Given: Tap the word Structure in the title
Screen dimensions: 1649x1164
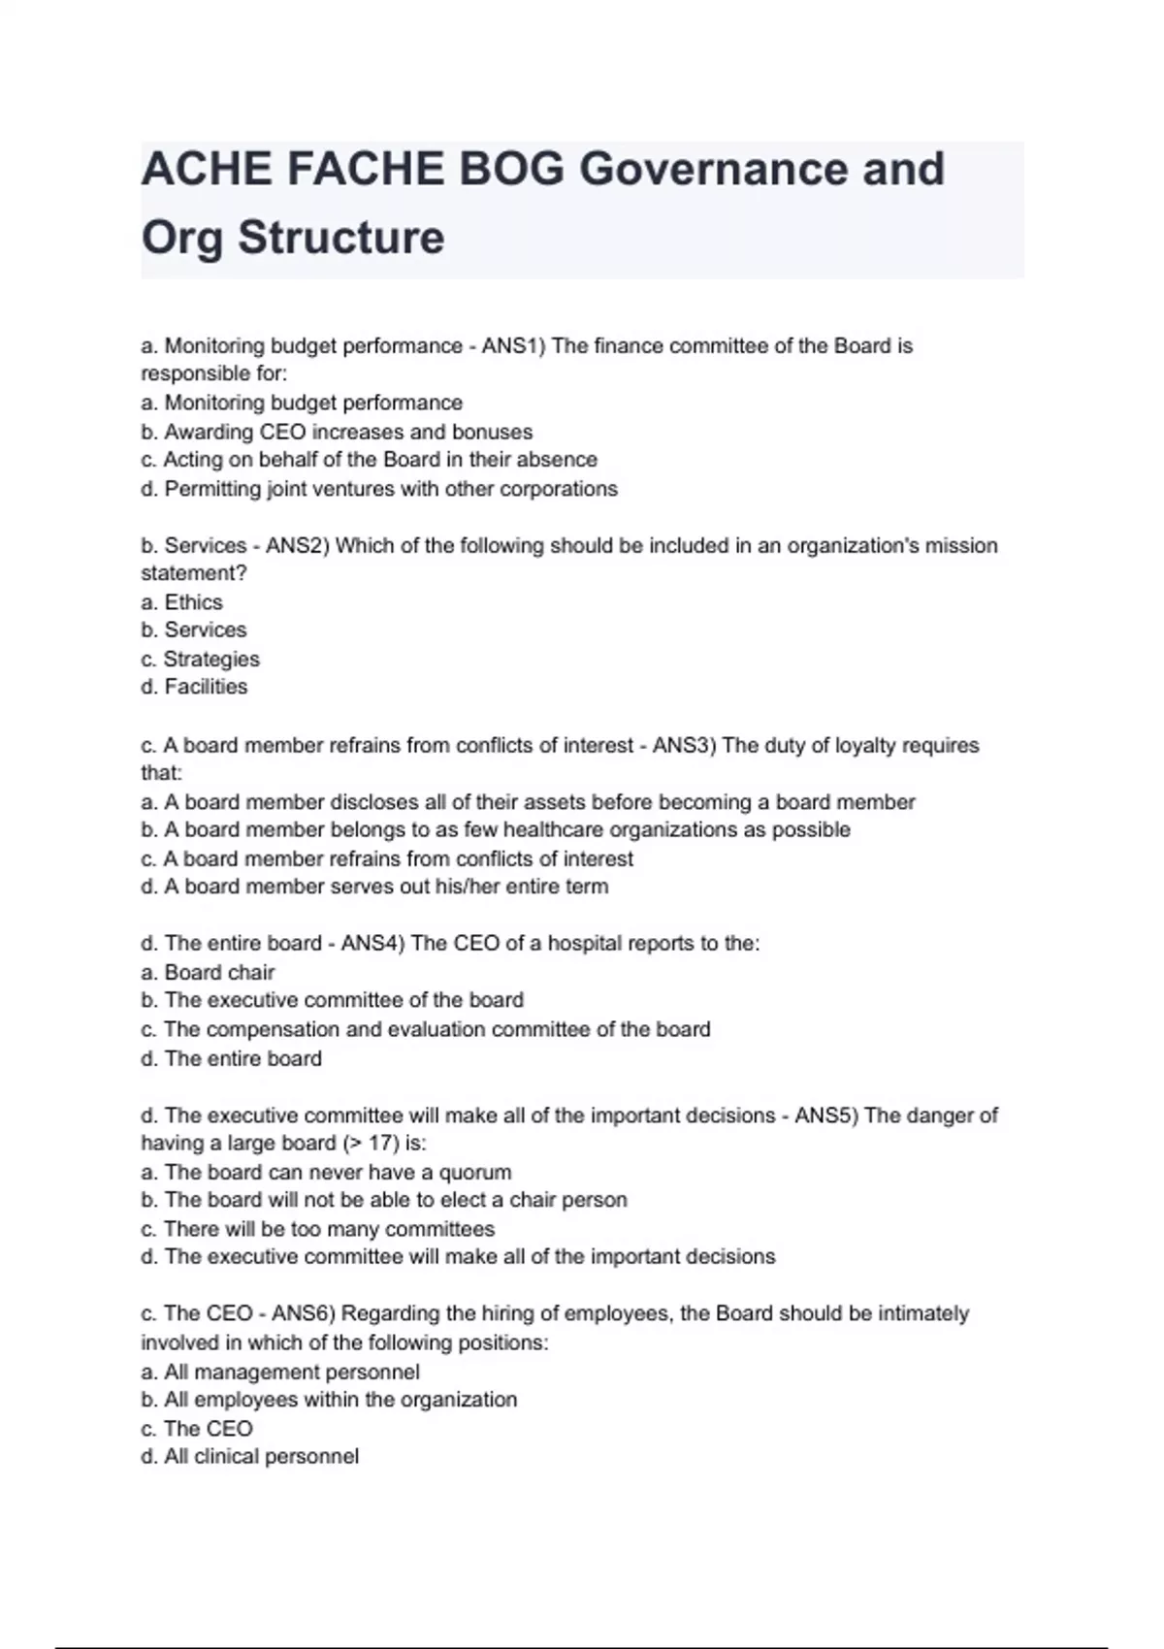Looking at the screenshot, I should tap(341, 237).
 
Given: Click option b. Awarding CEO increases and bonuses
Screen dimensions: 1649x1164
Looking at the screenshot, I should tap(337, 432).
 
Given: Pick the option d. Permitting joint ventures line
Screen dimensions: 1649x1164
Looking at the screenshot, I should tap(379, 489).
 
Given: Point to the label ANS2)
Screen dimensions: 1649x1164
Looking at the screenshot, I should tap(298, 545).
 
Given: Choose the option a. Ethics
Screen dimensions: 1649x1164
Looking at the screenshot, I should tap(181, 602).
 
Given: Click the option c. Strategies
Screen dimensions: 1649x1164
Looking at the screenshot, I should tap(200, 660).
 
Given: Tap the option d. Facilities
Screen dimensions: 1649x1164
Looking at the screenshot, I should tap(194, 687).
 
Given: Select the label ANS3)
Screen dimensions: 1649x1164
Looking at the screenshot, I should tap(684, 745).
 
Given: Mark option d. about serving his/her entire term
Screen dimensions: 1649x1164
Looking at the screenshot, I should tap(374, 887).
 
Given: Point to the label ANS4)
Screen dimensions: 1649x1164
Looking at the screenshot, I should tap(372, 943).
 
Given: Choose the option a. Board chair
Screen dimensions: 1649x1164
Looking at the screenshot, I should tap(208, 972).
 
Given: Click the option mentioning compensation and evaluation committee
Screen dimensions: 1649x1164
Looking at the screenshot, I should tap(425, 1029).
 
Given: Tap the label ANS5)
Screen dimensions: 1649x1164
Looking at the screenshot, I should tap(826, 1115).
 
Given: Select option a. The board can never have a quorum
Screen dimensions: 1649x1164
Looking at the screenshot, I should tap(326, 1172).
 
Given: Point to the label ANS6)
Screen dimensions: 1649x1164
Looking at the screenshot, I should tap(304, 1313).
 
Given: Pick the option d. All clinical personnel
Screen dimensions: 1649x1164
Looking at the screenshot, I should tap(249, 1457).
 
